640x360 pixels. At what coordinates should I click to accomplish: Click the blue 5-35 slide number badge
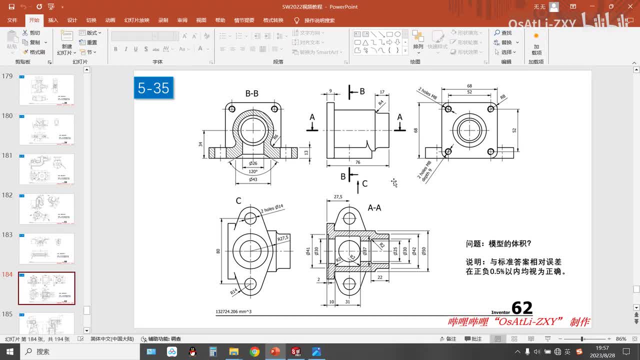coord(154,88)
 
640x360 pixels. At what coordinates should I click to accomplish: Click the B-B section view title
coord(252,93)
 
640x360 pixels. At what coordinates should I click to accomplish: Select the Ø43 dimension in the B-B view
coord(253,179)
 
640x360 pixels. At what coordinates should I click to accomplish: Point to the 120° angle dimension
coord(253,171)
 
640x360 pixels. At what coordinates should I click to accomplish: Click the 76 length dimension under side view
coord(358,162)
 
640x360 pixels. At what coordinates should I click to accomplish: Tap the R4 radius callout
coord(381,103)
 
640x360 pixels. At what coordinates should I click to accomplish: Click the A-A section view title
coord(374,207)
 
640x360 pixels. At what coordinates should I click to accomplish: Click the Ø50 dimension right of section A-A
coord(424,251)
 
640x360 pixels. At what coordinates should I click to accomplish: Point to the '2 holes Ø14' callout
coord(273,208)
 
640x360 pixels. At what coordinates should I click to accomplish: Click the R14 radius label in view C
coord(233,291)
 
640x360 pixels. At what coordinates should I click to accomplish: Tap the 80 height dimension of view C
coord(218,251)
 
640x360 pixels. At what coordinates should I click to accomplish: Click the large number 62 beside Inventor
coord(521,307)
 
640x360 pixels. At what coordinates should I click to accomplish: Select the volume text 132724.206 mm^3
coord(233,311)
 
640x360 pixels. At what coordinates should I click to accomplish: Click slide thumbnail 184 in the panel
coord(46,288)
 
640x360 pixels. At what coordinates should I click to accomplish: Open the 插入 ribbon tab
coord(53,20)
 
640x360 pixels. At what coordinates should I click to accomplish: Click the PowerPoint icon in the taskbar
coord(275,351)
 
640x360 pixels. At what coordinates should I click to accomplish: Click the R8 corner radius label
coord(502,97)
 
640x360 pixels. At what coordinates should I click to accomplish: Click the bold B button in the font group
coord(115,49)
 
